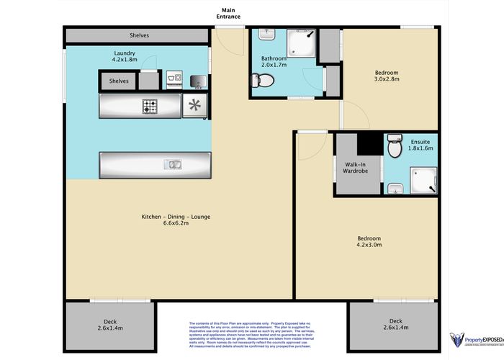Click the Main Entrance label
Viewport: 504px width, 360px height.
click(230, 13)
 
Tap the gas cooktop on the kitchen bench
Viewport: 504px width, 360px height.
click(150, 106)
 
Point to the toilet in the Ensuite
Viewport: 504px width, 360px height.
click(393, 149)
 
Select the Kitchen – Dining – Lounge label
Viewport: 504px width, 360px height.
click(165, 220)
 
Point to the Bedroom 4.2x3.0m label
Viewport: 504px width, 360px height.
click(369, 241)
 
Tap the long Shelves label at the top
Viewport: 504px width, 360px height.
click(140, 35)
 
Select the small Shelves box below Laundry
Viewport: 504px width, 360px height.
click(119, 81)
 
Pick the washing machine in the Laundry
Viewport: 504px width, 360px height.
click(174, 80)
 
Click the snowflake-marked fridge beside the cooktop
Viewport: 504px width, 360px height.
click(195, 106)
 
